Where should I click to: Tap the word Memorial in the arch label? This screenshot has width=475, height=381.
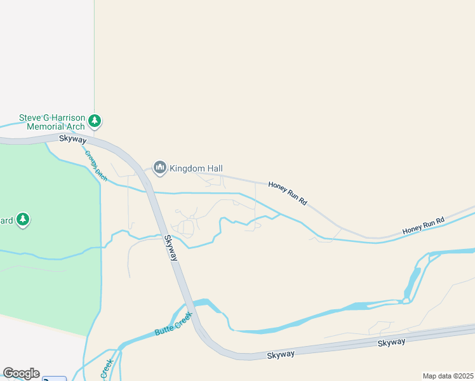tap(47, 126)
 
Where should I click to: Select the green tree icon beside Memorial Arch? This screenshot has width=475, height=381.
tap(95, 120)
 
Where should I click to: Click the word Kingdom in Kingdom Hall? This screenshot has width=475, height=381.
tap(187, 168)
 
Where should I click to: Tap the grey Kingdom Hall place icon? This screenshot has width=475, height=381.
tap(159, 168)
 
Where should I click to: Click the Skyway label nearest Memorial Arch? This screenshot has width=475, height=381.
tap(72, 138)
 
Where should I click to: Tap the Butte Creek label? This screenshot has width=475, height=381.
tap(173, 323)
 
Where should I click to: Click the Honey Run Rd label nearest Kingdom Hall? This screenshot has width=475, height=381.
tap(288, 192)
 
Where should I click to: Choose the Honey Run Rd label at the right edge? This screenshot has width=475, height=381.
tap(423, 225)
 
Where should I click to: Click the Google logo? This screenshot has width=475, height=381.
tap(21, 373)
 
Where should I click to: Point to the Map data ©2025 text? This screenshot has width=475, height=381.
tap(448, 376)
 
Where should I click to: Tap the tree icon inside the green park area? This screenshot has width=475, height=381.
tap(23, 220)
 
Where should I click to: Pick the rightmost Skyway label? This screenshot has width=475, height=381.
tap(391, 342)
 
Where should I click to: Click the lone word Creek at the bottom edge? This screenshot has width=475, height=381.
tap(107, 368)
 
